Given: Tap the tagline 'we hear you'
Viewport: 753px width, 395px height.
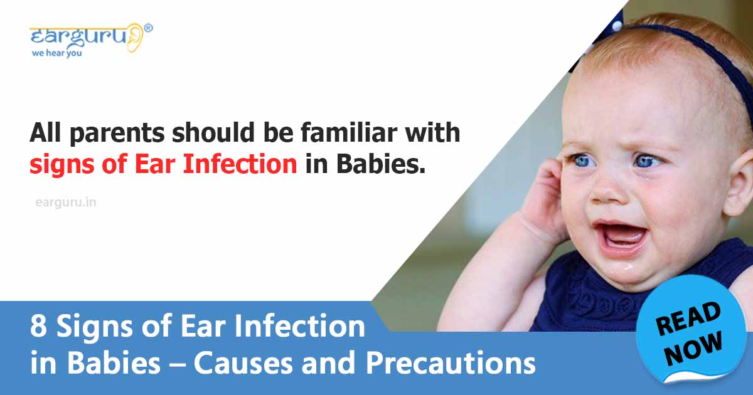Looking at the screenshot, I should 56,53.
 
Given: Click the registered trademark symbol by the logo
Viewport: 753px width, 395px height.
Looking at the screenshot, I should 148,28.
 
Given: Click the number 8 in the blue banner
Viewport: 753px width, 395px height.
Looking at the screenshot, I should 38,327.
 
